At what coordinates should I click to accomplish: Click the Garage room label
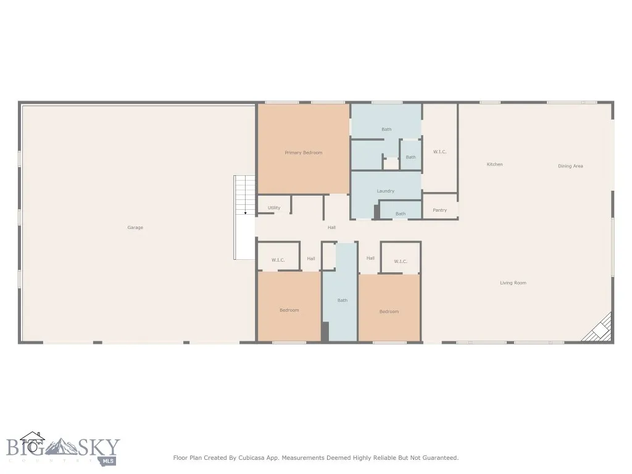(x=135, y=228)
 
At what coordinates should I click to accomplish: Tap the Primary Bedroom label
(x=303, y=152)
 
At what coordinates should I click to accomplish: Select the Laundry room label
(x=385, y=191)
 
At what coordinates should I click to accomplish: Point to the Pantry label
(x=439, y=210)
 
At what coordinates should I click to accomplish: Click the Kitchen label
(x=494, y=164)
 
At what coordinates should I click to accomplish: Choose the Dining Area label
(x=570, y=166)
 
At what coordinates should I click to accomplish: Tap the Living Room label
(x=513, y=283)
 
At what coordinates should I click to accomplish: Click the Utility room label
(x=274, y=208)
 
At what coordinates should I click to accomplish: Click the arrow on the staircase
(x=245, y=212)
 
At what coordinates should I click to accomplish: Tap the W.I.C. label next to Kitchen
(x=439, y=152)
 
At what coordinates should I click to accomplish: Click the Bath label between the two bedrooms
(x=342, y=301)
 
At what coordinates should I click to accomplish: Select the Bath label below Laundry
(x=401, y=214)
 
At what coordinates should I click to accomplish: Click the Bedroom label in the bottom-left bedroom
(x=289, y=310)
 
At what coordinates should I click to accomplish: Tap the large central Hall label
(x=331, y=228)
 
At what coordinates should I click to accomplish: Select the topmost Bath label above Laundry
(x=386, y=130)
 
